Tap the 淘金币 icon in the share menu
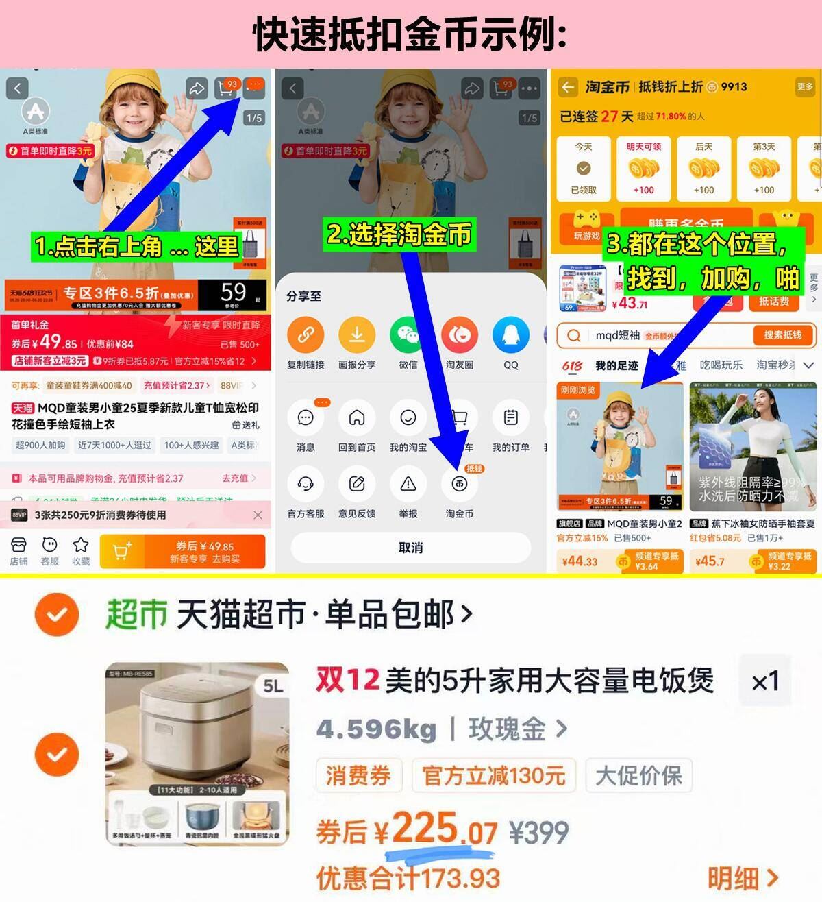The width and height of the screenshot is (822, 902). click(459, 485)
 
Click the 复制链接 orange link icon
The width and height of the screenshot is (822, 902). click(306, 335)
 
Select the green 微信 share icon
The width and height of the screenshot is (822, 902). click(408, 335)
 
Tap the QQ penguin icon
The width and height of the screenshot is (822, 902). click(511, 335)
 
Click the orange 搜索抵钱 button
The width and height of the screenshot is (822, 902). click(782, 335)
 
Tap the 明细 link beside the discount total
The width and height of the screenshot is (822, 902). click(742, 878)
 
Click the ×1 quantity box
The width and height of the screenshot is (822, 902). click(764, 681)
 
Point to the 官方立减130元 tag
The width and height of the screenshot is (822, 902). click(493, 776)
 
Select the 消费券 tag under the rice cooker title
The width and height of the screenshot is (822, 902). click(358, 776)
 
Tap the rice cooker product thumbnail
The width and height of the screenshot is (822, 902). click(197, 754)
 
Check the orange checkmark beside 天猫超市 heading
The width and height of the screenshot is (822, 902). click(57, 614)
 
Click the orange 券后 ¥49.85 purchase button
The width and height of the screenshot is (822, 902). click(182, 552)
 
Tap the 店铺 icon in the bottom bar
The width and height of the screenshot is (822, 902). click(18, 551)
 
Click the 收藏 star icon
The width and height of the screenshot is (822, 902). click(81, 551)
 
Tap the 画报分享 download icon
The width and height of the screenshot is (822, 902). click(357, 335)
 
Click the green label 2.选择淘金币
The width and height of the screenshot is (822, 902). click(399, 234)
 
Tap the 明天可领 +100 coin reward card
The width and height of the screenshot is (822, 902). click(643, 169)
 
